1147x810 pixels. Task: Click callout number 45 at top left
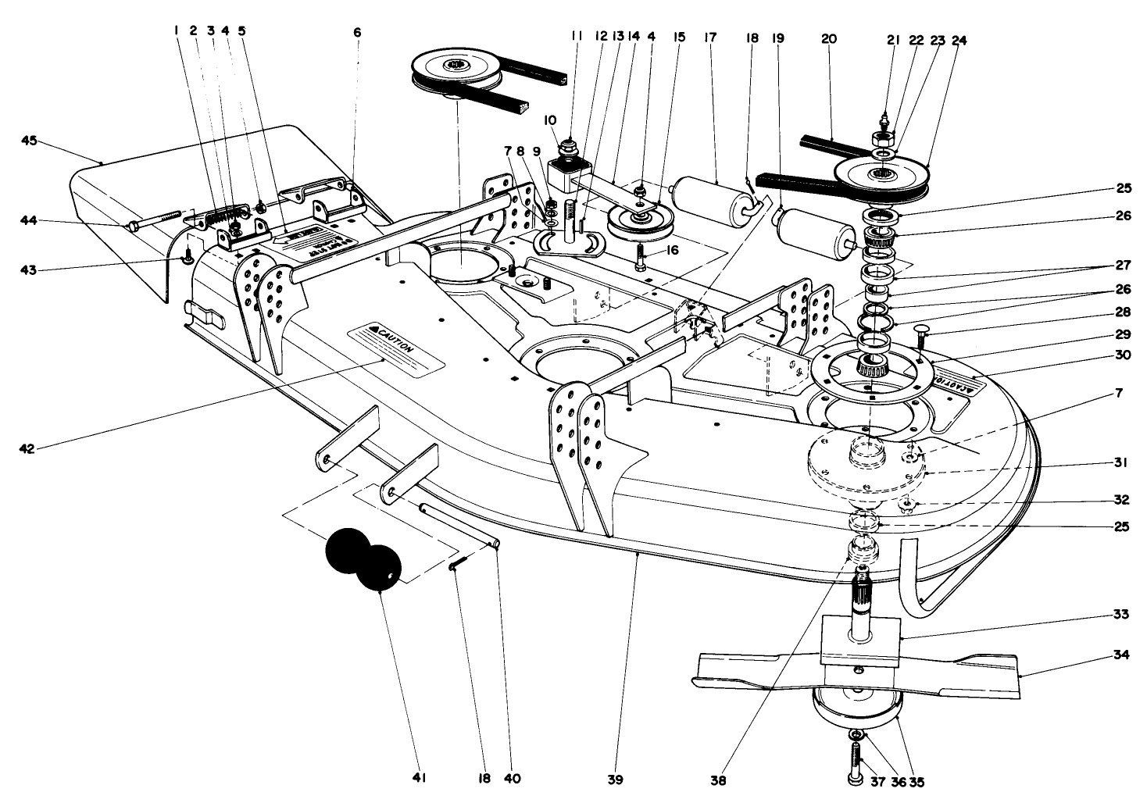pos(29,141)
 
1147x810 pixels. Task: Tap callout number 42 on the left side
pos(27,448)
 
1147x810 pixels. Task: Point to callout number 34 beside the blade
pos(1120,657)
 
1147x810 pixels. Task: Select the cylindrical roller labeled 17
pos(702,202)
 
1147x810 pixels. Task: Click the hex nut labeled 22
pos(884,139)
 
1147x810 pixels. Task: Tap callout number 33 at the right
pos(1120,614)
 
